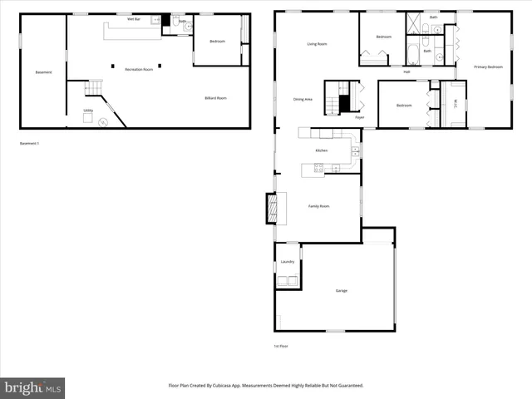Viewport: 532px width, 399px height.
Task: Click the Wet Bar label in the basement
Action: (133, 18)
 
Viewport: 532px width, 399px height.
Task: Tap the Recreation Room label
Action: (139, 70)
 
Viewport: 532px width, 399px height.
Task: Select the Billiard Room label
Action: (216, 98)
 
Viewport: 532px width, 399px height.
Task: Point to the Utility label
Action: (88, 110)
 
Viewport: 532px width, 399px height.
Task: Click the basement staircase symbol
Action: (94, 87)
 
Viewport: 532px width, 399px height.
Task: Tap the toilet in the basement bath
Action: (189, 27)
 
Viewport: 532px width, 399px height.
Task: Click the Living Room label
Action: (317, 44)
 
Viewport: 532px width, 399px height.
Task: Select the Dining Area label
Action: (303, 100)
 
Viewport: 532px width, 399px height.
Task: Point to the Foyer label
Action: (359, 117)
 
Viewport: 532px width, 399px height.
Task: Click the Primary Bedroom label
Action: (488, 66)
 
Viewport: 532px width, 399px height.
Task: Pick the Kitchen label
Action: (321, 150)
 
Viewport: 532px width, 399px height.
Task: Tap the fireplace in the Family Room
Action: (271, 208)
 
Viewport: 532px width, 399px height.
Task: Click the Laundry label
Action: (288, 262)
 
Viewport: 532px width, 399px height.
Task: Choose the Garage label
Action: (341, 291)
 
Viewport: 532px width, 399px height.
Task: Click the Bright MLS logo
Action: (33, 387)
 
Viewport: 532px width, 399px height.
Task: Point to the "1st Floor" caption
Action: (282, 346)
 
